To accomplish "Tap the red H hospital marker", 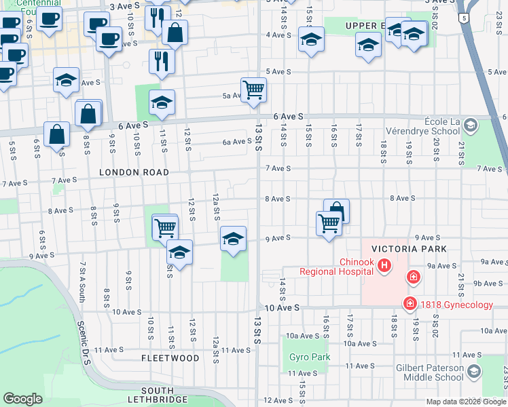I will coord(384,265).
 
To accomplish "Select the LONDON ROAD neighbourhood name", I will coord(134,172).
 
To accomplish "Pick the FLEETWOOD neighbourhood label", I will coord(170,357).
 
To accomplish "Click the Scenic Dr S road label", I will coord(85,347).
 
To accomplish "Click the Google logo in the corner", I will coord(22,399).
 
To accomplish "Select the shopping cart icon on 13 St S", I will coord(253,89).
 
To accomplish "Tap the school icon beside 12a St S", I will coord(233,239).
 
